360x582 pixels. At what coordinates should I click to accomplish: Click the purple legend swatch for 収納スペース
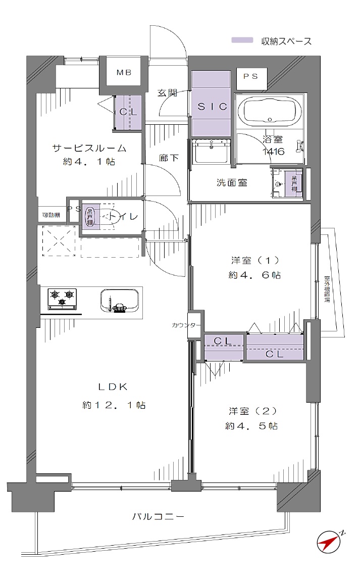pos(241,41)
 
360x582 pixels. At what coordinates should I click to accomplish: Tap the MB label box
pos(124,72)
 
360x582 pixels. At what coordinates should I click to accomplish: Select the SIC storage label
pos(212,107)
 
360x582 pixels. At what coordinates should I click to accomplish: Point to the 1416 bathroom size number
pos(273,151)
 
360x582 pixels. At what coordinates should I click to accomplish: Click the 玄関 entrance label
pos(167,92)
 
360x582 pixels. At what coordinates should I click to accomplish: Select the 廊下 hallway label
pos(169,158)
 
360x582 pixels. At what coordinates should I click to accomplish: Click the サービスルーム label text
pos(89,149)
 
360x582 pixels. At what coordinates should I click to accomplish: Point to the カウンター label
pos(186,325)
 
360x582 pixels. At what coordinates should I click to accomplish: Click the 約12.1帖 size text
pos(114,405)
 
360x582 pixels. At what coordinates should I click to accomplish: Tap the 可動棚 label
pos(50,215)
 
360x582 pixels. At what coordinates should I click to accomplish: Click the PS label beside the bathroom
pos(251,77)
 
